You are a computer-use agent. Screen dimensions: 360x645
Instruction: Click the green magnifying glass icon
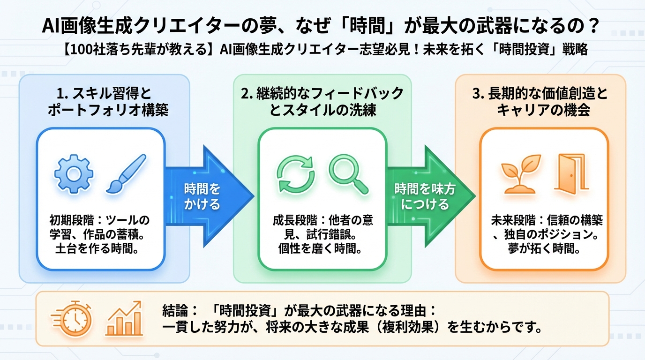[x=347, y=174]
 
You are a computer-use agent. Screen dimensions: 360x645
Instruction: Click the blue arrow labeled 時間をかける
[x=206, y=196]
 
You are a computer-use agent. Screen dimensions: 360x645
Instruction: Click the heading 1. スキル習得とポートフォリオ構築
[x=104, y=101]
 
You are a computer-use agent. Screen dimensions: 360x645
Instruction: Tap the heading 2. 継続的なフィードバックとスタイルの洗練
[x=322, y=101]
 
